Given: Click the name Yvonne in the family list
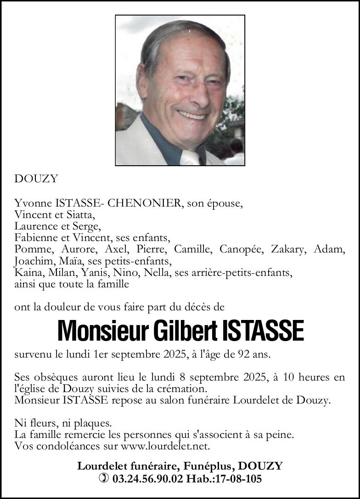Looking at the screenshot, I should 29,203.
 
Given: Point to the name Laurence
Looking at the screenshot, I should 35,226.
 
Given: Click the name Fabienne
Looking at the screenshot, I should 35,238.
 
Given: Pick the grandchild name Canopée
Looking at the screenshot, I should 241,250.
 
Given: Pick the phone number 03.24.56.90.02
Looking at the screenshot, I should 147,479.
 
